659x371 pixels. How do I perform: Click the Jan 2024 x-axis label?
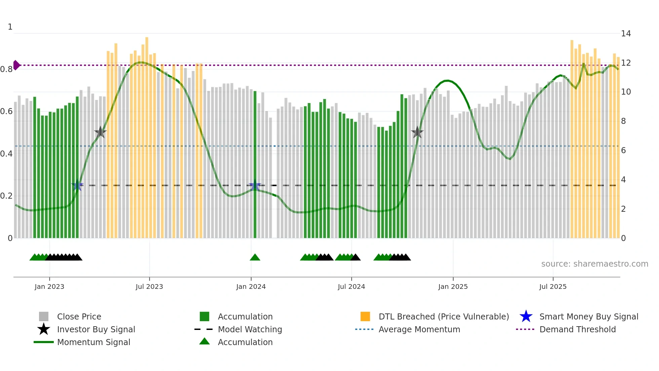pos(251,286)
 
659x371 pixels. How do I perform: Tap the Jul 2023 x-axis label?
pos(149,286)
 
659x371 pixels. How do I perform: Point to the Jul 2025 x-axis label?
pos(553,286)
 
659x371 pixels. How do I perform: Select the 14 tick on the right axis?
pos(626,34)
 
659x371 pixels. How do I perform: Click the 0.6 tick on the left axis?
pos(6,111)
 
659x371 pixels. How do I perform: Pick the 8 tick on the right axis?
pos(623,121)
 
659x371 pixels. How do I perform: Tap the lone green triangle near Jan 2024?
pos(255,258)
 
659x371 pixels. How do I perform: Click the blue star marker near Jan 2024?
pos(255,185)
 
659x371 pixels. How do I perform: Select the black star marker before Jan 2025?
pos(417,132)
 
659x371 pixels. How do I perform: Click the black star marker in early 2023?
pos(100,132)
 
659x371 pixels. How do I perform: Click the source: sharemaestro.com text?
pos(594,264)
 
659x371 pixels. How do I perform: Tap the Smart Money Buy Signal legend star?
pos(526,316)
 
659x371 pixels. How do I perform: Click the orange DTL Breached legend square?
pos(365,316)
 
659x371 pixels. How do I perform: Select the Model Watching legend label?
pos(250,329)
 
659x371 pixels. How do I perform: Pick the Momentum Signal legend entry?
pos(93,342)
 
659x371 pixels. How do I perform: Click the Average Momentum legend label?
pos(419,329)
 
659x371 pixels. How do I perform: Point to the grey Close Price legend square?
pos(44,316)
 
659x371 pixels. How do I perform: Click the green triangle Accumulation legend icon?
pos(204,342)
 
